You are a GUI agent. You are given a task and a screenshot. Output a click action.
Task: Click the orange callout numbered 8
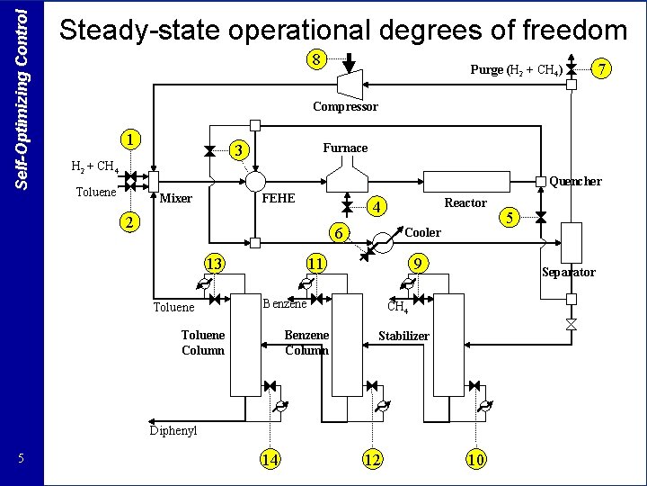click(315, 60)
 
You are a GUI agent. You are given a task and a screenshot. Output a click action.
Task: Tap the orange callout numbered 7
click(605, 68)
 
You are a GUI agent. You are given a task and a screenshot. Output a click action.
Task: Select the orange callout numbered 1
click(131, 139)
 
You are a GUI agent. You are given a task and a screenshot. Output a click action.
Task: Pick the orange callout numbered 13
click(214, 263)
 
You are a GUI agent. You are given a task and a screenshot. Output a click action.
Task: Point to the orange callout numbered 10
click(476, 460)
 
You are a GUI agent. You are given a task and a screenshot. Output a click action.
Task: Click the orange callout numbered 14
click(270, 460)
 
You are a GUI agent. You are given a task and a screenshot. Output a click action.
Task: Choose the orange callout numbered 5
click(510, 217)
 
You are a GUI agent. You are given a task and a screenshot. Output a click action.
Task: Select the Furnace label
click(345, 148)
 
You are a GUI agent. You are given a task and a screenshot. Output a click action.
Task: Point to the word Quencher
click(575, 181)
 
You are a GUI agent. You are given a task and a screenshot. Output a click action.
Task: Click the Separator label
click(568, 272)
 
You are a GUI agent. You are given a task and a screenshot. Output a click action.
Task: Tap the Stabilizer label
click(403, 336)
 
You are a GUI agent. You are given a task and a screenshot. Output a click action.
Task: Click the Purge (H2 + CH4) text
click(517, 69)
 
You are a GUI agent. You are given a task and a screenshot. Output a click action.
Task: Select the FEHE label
click(278, 198)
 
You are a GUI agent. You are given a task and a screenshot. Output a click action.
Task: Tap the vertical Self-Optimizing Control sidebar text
click(24, 94)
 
